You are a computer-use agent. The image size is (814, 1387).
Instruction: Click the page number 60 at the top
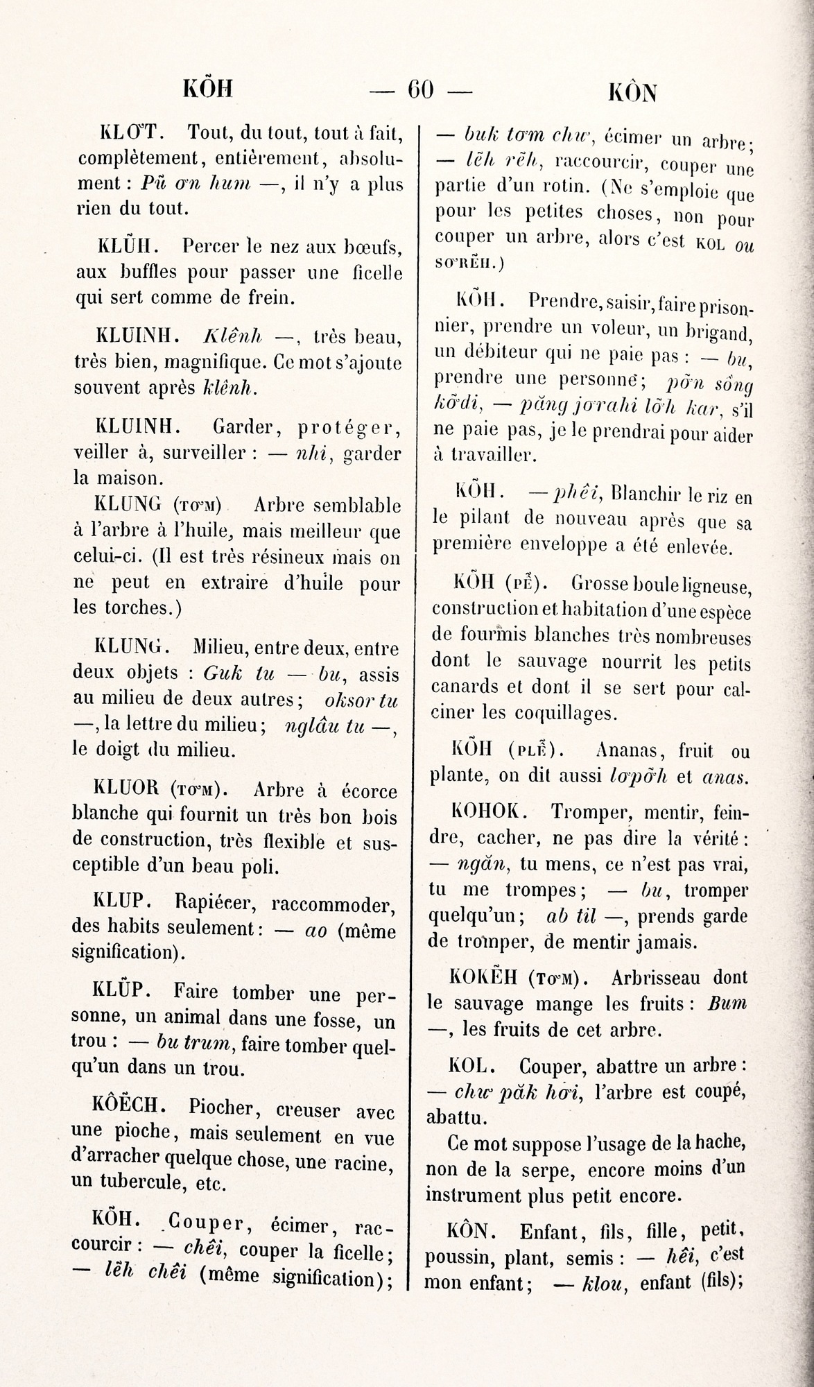click(420, 89)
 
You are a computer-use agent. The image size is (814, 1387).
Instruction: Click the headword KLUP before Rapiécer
click(117, 900)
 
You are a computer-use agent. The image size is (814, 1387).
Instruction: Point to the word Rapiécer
click(216, 902)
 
